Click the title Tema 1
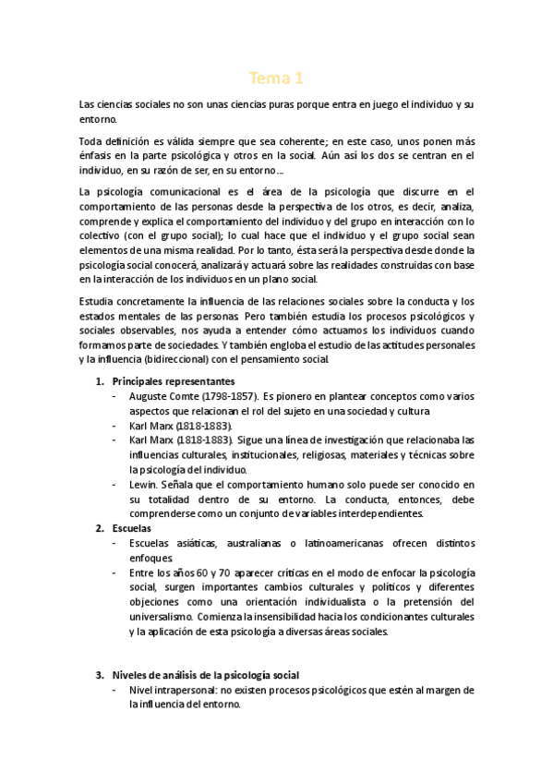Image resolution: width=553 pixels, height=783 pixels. pos(276,78)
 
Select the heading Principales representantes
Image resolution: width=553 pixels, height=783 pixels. pos(171,380)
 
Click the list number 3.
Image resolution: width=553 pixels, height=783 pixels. pos(100,675)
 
